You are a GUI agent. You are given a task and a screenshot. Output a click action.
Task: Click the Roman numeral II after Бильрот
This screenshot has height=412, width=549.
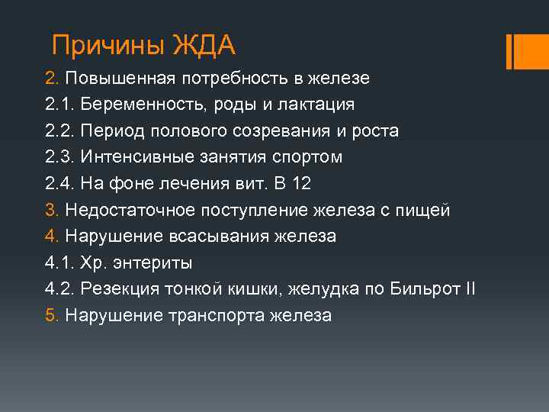[470, 289]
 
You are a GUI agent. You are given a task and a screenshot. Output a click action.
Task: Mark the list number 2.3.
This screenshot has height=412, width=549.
[59, 157]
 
